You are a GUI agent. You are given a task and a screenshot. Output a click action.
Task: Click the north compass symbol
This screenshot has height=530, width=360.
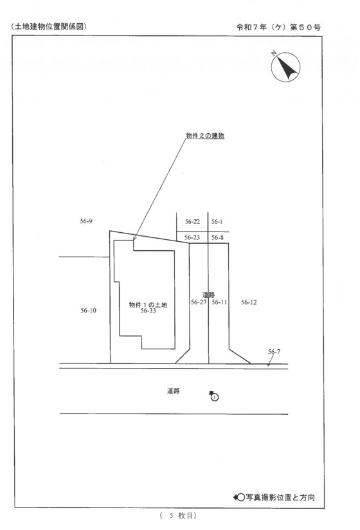coord(285,67)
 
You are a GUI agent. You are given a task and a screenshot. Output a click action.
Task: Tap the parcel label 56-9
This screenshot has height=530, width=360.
coord(86,221)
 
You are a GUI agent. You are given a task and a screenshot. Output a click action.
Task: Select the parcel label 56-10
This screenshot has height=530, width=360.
coord(88,310)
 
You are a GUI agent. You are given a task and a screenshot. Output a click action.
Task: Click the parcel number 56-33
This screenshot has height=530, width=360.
coord(148,311)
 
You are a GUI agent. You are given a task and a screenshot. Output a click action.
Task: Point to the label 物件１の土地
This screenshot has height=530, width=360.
coord(148,305)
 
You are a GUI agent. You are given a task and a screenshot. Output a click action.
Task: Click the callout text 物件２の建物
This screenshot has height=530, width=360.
coord(205,136)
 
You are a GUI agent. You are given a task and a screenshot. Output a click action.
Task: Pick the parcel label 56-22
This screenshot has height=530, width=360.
coord(192,221)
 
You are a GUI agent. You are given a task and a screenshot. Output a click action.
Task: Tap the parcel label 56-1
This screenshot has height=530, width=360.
coord(217,221)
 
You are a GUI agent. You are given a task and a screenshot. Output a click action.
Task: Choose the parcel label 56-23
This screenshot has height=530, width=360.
coord(192,237)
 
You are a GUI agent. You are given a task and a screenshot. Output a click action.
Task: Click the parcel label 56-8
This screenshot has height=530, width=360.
coord(217,237)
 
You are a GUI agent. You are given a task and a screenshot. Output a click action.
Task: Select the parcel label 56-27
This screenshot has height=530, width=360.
coord(199,302)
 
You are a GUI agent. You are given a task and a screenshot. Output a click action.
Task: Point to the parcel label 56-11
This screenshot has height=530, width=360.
coord(219,302)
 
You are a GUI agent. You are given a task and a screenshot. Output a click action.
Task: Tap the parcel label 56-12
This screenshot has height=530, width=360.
coord(249,302)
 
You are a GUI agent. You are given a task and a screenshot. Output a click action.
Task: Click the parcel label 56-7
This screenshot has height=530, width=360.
coord(274,352)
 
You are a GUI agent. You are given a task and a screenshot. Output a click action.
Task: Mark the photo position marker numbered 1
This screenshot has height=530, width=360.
coord(214,396)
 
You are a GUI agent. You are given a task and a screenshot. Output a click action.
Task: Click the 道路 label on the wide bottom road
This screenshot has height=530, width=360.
coord(173,390)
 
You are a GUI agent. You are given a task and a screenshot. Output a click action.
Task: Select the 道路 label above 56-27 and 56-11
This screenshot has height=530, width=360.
coord(209,295)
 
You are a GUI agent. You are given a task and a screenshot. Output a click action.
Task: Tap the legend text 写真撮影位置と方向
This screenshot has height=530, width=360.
coord(280,497)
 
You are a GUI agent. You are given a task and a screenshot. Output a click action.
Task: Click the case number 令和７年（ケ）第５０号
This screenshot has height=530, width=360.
coord(278,28)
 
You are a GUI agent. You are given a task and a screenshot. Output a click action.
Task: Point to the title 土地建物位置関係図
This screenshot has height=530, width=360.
coord(49,27)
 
